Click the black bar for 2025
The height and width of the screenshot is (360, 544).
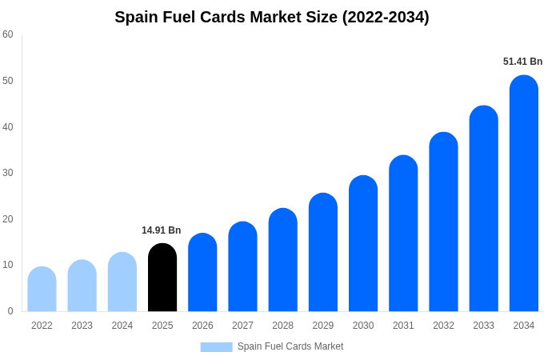(x=162, y=278)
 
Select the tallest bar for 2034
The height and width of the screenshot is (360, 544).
(x=523, y=194)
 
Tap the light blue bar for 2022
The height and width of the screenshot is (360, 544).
(x=42, y=289)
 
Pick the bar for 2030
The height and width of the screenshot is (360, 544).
(x=362, y=243)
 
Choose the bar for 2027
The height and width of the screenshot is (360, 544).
(x=242, y=266)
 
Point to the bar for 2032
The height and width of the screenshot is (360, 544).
(x=443, y=222)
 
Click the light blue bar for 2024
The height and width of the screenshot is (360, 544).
(x=122, y=282)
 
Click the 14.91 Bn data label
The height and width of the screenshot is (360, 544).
(x=162, y=230)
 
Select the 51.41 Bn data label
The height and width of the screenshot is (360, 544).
(x=522, y=62)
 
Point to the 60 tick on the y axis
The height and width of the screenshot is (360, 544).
(x=8, y=34)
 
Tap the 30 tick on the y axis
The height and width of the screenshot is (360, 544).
(x=8, y=173)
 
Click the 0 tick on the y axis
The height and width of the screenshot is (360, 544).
(x=10, y=311)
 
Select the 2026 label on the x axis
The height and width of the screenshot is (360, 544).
(x=202, y=326)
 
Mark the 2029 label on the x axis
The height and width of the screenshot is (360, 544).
(x=323, y=326)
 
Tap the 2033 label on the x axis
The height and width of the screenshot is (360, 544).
(x=483, y=326)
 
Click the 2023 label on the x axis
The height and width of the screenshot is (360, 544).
(x=82, y=326)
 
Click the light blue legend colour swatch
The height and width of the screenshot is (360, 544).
(x=216, y=347)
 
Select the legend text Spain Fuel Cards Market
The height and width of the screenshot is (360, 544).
(x=290, y=346)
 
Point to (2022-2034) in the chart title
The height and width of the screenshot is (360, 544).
(x=386, y=17)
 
